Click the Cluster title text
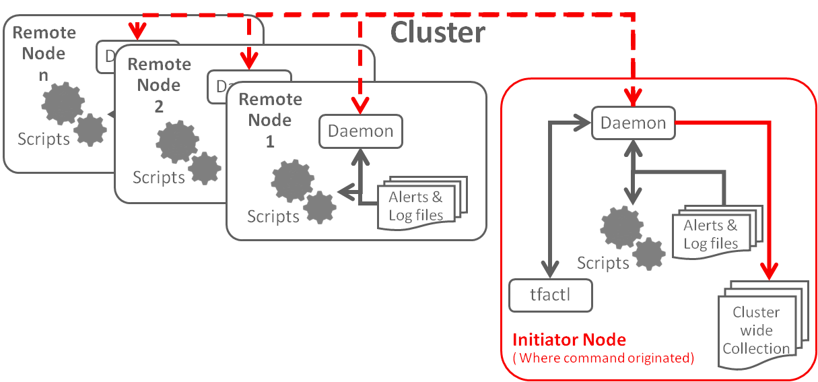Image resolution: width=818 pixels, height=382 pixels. [438, 32]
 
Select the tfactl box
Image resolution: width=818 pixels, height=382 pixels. [551, 295]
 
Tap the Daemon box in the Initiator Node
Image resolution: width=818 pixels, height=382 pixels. [633, 123]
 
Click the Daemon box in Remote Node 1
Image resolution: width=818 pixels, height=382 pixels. [360, 131]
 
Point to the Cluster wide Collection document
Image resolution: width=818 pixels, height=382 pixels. [756, 330]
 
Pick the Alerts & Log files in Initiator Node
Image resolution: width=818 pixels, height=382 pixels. [710, 234]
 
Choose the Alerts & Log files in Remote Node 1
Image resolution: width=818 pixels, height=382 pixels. [416, 206]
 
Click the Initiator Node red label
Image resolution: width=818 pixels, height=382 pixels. [569, 340]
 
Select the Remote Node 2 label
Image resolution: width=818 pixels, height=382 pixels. [159, 85]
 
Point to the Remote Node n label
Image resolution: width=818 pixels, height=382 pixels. [44, 53]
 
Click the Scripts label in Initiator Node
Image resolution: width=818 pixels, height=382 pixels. [603, 262]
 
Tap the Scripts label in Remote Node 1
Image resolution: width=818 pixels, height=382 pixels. [273, 216]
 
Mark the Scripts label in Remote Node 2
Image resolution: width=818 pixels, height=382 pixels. [158, 177]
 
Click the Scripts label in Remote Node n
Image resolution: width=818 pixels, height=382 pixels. [44, 139]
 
